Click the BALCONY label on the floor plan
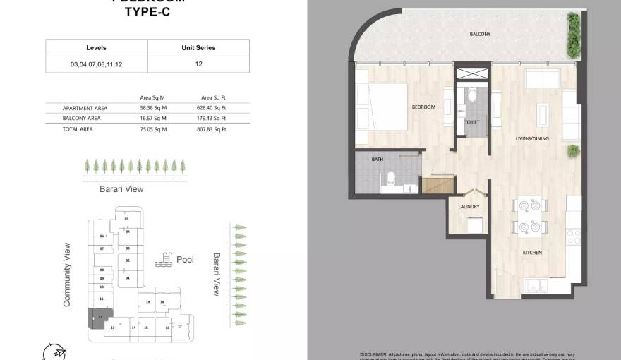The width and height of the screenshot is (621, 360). click(480, 34)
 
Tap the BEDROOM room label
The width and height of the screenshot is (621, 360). click(423, 107)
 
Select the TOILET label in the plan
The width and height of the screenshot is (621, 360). click(472, 122)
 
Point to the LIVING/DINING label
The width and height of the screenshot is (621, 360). click(532, 138)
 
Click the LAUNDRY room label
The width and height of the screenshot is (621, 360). click(469, 207)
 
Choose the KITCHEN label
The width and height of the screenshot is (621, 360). click(531, 252)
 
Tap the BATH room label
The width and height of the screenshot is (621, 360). click(378, 160)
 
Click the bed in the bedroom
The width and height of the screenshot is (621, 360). click(381, 107)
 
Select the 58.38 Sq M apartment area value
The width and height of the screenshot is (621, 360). click(152, 108)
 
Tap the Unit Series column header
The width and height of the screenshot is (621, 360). click(198, 48)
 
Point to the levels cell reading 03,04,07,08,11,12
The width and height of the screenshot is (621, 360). click(97, 64)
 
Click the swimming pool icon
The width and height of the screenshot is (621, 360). click(164, 260)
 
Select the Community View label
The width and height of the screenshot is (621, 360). click(68, 275)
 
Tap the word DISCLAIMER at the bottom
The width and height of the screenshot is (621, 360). click(374, 354)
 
